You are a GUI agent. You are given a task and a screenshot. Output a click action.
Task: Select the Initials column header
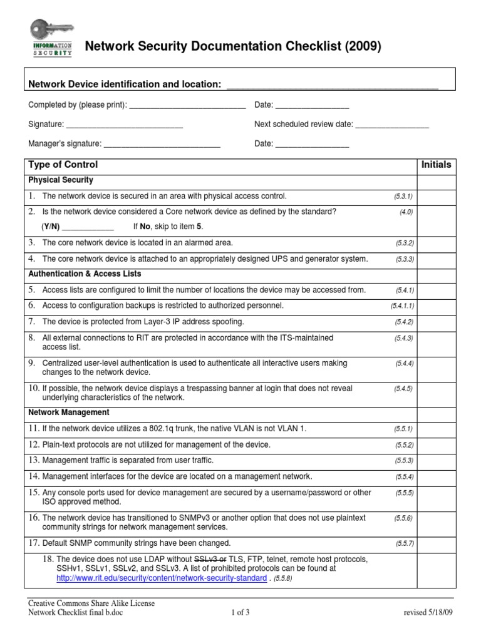pos(437,165)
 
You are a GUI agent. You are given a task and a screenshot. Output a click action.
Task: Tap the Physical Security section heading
pos(61,180)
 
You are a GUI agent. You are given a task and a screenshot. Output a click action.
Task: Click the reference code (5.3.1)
pos(403,197)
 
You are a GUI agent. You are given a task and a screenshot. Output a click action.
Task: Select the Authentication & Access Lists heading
pos(85,274)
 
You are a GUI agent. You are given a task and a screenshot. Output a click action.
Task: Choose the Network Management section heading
pos(69,413)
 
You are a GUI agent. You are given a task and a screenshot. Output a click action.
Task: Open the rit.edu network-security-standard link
pos(161,578)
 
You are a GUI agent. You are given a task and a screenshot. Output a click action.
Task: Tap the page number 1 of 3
pos(240,613)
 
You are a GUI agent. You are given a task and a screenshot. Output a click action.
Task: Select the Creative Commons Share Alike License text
pos(91,603)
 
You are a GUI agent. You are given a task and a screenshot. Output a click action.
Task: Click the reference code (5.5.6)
pos(403,519)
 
